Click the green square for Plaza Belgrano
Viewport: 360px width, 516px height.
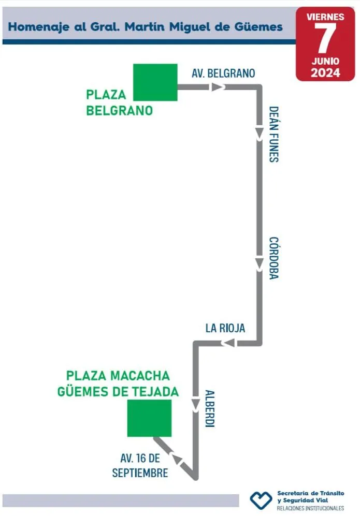coord(155,82)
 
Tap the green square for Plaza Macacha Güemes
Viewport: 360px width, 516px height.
coord(149,418)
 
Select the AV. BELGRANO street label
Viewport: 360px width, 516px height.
coord(223,73)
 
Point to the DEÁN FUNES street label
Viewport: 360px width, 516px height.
coord(273,135)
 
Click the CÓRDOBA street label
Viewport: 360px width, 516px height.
coord(273,258)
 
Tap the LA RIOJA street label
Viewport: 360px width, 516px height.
coord(225,328)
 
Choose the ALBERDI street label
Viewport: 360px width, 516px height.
coord(209,408)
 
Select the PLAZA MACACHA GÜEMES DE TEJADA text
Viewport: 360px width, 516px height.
coord(118,384)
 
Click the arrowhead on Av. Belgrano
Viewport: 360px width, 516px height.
coord(217,87)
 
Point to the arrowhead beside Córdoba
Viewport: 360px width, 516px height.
coord(260,264)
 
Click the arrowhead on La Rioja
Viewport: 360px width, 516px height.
coord(228,343)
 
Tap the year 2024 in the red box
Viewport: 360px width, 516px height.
coord(325,73)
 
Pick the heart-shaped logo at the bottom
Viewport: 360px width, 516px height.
coord(261,499)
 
